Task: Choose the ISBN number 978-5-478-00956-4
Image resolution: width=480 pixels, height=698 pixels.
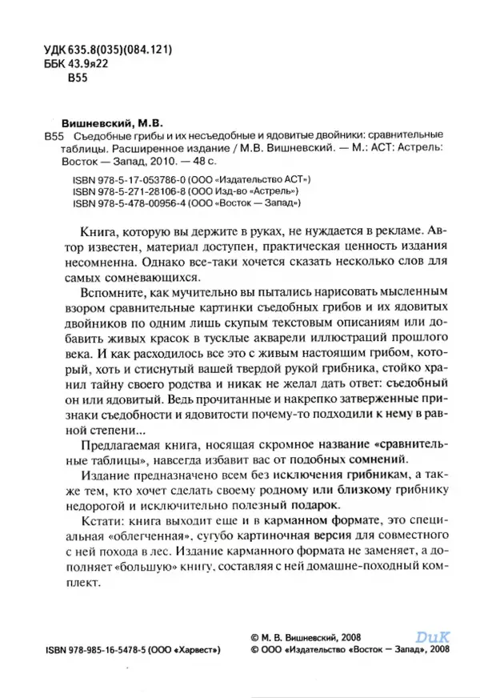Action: coord(154,203)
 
